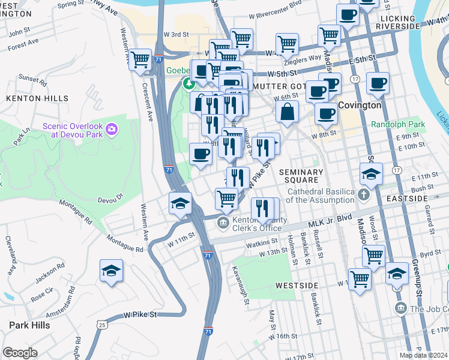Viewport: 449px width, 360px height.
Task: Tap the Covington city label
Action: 360,105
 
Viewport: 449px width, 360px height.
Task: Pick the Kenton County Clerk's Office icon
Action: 223,223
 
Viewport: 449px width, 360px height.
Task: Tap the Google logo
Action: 20,353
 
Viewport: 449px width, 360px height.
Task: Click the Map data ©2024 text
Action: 423,355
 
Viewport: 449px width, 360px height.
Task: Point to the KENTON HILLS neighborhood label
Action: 37,98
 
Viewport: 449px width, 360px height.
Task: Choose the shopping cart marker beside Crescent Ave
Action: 140,60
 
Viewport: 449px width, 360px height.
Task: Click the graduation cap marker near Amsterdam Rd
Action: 111,271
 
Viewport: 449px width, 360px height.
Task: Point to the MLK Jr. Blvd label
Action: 330,220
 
